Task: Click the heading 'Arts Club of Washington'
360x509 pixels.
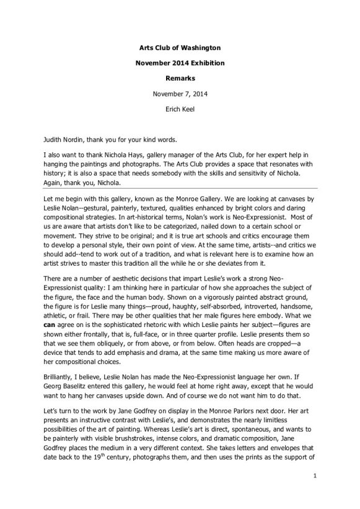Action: [180, 47]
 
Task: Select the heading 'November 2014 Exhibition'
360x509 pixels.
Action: [180, 63]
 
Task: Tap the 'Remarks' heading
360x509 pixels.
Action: [180, 79]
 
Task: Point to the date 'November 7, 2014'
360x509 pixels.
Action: [180, 95]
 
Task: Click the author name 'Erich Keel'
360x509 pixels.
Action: [180, 111]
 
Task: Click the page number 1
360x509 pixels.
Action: [315, 493]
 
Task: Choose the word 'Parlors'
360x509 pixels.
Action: [241, 412]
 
